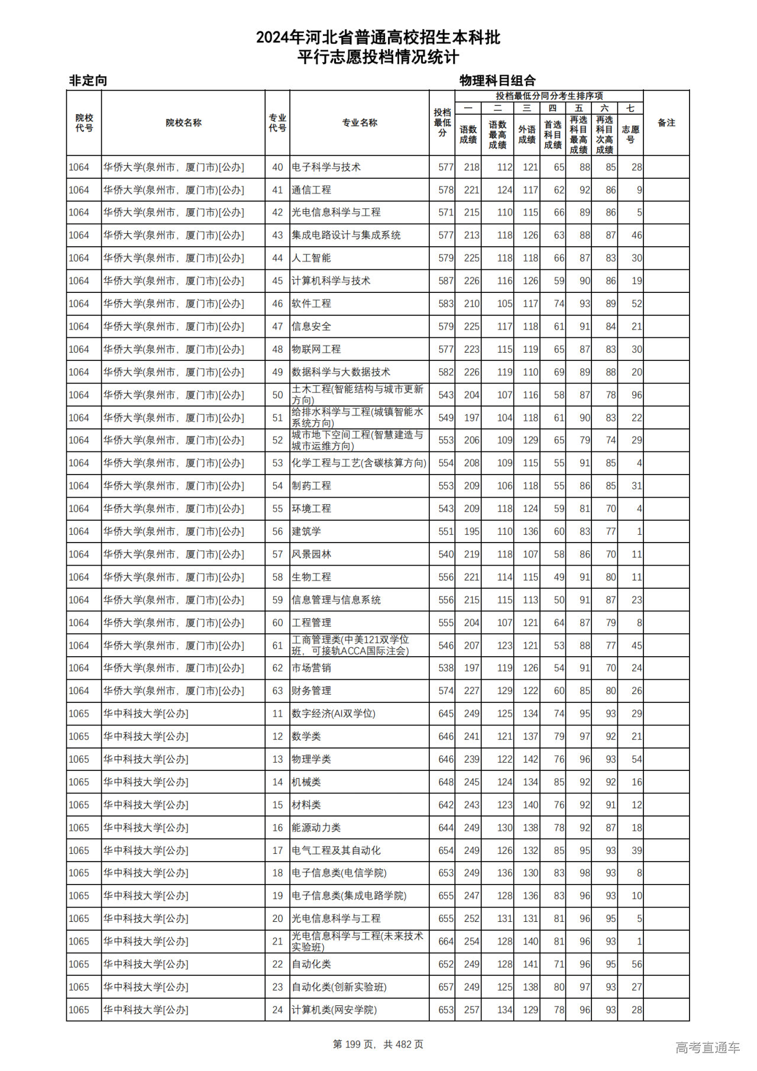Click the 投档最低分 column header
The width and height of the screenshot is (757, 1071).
click(x=442, y=122)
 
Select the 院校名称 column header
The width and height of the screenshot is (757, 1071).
click(x=183, y=122)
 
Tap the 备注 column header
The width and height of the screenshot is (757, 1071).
click(x=666, y=122)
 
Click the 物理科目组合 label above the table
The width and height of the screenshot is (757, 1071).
click(x=497, y=80)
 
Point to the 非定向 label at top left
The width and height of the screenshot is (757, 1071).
click(x=88, y=80)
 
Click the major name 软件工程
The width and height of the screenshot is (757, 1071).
click(x=311, y=304)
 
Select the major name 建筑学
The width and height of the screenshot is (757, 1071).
click(x=306, y=531)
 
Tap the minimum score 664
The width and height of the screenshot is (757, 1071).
click(x=446, y=941)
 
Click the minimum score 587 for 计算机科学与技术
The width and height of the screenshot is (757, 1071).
click(x=446, y=281)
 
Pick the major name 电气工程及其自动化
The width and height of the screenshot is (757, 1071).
click(x=336, y=850)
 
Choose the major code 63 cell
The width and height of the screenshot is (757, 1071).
click(x=277, y=691)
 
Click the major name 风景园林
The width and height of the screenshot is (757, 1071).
click(x=311, y=554)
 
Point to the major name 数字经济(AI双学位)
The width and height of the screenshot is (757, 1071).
click(x=334, y=714)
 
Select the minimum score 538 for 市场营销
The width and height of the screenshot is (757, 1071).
click(x=446, y=668)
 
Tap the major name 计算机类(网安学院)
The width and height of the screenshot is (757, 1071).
click(x=334, y=1010)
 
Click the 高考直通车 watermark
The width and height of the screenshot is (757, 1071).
click(x=707, y=1047)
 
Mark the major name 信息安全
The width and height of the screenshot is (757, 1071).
click(x=311, y=327)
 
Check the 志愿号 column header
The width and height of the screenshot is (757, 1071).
click(x=630, y=134)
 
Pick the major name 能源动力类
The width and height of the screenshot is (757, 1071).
click(x=316, y=828)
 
